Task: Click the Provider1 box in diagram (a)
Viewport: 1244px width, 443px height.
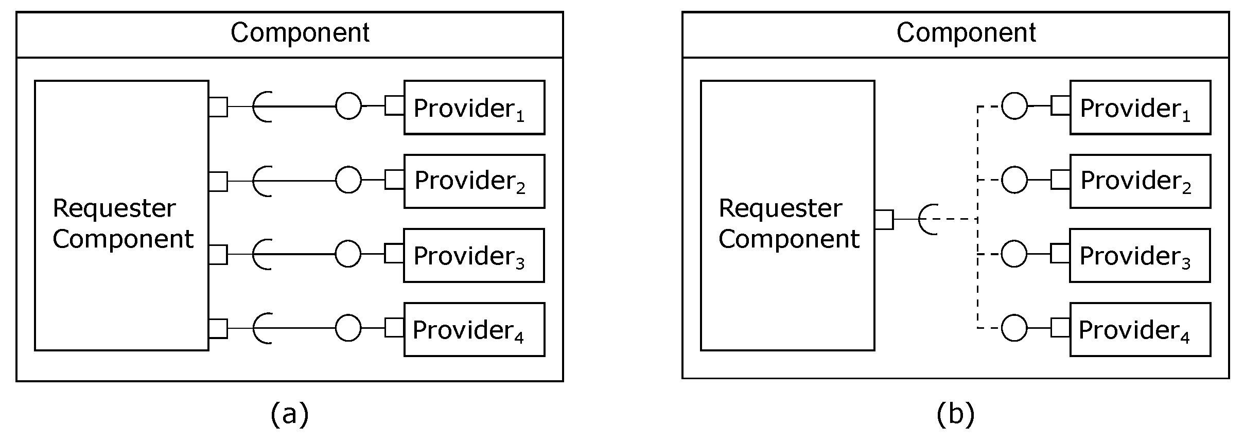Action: [474, 108]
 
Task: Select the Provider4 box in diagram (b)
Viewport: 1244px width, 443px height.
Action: [1140, 329]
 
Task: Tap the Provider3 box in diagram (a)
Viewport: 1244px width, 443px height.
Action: [474, 255]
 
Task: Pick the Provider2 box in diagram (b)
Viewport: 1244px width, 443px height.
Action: [1140, 181]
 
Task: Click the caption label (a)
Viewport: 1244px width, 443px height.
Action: [289, 414]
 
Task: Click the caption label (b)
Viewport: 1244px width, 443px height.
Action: [955, 414]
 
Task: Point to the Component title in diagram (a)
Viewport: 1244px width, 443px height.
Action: [300, 33]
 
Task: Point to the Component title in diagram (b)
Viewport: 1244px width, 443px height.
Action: [966, 33]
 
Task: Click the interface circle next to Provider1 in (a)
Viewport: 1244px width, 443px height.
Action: [348, 106]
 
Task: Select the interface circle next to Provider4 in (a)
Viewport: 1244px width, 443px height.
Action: [348, 328]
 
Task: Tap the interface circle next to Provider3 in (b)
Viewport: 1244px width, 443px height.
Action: [1014, 254]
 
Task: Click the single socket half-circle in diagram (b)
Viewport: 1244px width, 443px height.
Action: [927, 219]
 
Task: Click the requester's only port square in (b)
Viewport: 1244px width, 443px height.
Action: [884, 219]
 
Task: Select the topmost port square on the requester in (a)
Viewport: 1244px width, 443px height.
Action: [218, 107]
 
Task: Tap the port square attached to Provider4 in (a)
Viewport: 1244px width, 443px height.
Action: [394, 328]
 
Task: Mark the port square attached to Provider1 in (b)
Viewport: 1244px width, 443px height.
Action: [1060, 105]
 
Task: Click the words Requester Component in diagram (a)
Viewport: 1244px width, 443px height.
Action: [122, 223]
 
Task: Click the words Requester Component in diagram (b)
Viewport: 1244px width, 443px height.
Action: [789, 223]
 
